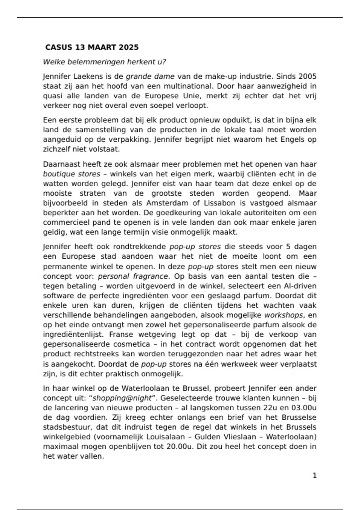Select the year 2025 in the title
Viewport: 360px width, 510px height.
[129, 47]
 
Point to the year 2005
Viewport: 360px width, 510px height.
[307, 76]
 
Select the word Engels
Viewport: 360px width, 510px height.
[292, 139]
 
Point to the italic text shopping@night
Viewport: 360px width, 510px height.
[122, 398]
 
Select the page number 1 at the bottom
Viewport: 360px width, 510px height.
[315, 476]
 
